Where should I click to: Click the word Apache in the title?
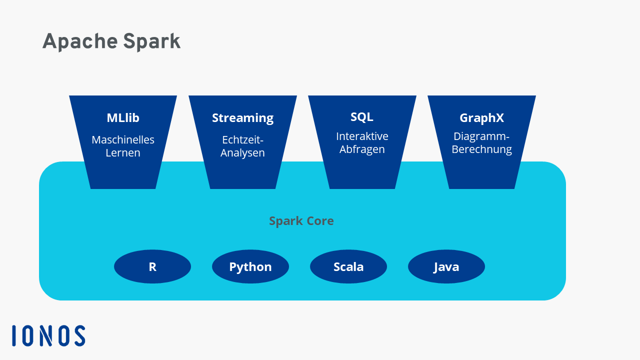80,42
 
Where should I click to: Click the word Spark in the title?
151,42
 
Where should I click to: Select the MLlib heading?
123,117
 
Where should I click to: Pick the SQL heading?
361,117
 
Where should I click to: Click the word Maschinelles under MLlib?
123,139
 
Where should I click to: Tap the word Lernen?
123,152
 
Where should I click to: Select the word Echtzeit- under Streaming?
242,139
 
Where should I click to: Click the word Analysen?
242,153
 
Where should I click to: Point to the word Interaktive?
362,136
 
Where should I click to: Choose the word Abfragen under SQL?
362,149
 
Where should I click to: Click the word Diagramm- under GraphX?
481,136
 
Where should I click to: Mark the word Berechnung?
481,149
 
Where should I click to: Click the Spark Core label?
301,221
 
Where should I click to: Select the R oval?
152,266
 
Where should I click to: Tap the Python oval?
250,266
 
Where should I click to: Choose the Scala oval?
348,266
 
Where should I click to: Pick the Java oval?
446,266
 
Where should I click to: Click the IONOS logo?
48,335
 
